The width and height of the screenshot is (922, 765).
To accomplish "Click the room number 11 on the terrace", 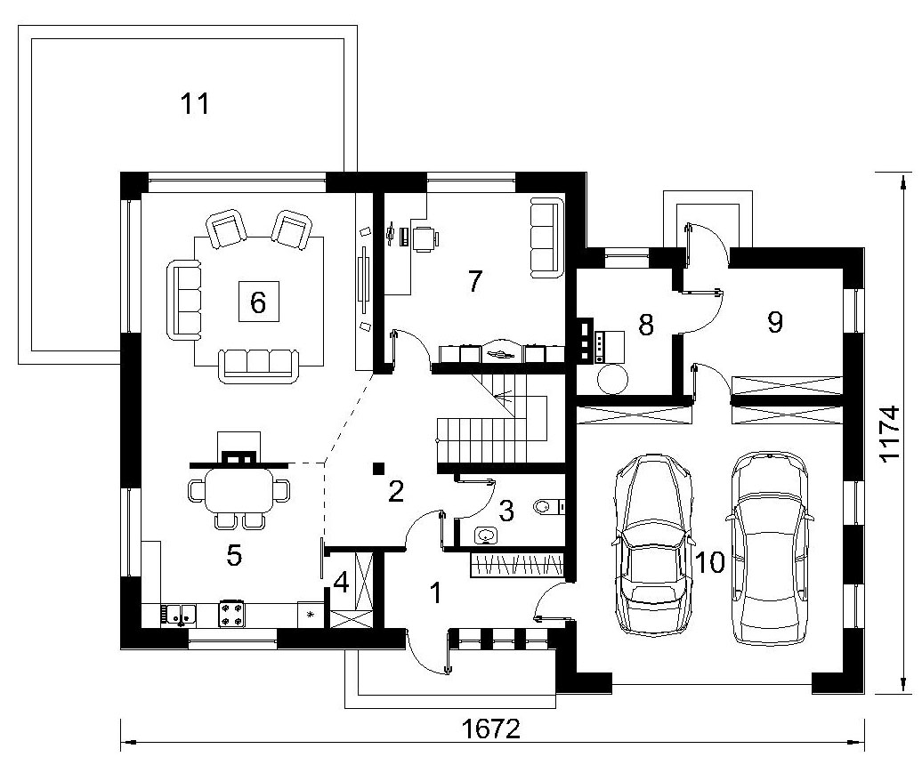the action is tap(195, 104).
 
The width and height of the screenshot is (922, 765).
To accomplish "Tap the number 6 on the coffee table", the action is tap(258, 302).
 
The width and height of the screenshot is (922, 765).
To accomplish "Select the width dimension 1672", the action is tap(491, 729).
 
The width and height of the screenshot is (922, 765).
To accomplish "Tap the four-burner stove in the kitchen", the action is tap(231, 613).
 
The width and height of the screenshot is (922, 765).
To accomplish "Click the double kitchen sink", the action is tap(177, 615).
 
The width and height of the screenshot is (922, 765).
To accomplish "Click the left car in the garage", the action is tap(651, 544).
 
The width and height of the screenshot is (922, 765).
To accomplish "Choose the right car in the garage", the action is tap(770, 547).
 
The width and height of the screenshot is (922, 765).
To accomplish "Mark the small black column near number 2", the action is tap(379, 468).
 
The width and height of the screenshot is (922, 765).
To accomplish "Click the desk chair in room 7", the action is tap(425, 239).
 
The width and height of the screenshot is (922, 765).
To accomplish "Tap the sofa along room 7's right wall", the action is tap(545, 238).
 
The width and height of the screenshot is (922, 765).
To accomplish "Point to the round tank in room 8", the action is tap(612, 378).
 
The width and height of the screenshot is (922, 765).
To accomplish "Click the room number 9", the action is tap(775, 322).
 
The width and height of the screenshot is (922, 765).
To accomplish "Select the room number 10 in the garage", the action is tap(710, 562).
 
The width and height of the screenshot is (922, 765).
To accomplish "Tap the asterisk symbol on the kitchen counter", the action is tap(311, 616).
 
